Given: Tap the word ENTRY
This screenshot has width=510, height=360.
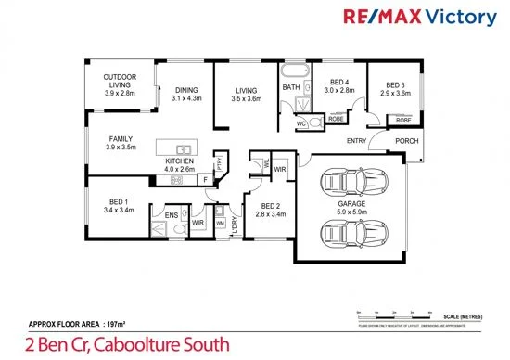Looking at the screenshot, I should pos(357,141).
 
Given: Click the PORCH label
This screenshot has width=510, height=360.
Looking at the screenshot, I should pos(406,141).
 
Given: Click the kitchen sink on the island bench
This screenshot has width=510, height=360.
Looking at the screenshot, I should pos(183,149).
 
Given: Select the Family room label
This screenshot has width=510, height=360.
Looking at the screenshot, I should pos(121,143).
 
